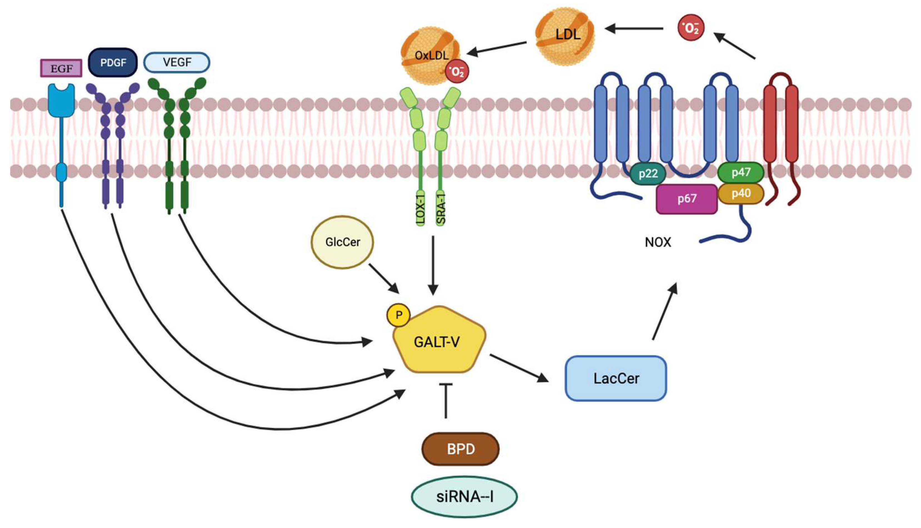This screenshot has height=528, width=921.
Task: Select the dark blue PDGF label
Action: tap(113, 62)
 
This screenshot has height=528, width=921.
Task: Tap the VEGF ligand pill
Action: tap(177, 62)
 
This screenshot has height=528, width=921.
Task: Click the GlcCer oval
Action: tap(342, 242)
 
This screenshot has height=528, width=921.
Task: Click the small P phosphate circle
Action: tap(399, 315)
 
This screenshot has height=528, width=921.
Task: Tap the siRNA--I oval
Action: tap(464, 496)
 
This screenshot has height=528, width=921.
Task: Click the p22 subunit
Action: tap(648, 174)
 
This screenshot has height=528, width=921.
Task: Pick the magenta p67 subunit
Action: tap(687, 199)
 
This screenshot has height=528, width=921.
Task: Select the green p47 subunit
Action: tap(741, 172)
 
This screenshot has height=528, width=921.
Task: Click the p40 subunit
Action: tap(741, 193)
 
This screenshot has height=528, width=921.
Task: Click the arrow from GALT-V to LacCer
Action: tap(519, 368)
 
